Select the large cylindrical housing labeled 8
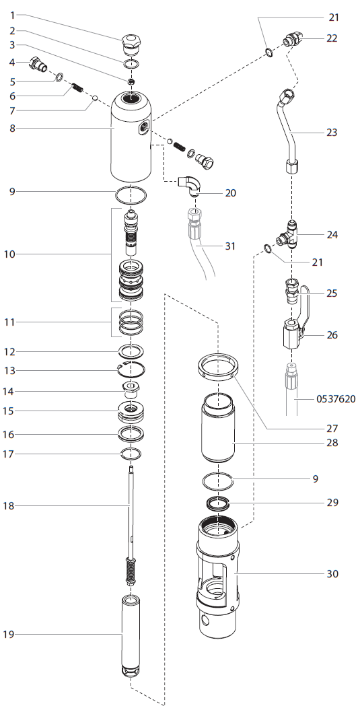131,138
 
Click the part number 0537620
336,399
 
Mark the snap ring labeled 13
131,369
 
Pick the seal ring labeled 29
217,503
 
